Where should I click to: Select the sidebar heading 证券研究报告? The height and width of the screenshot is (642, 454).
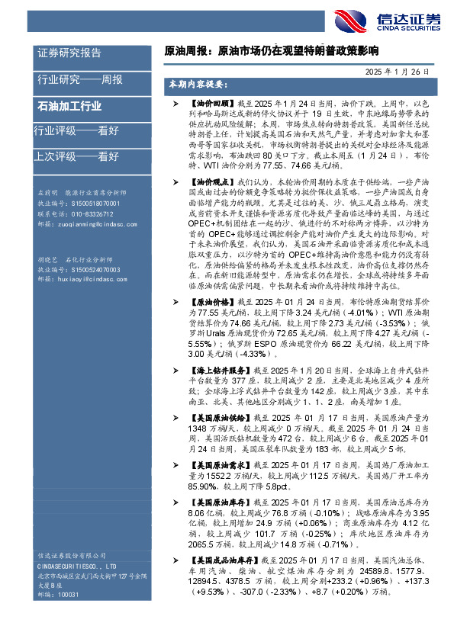click(69, 53)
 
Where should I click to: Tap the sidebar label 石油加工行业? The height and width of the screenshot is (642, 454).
click(69, 107)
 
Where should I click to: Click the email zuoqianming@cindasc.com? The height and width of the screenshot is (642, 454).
click(87, 225)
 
